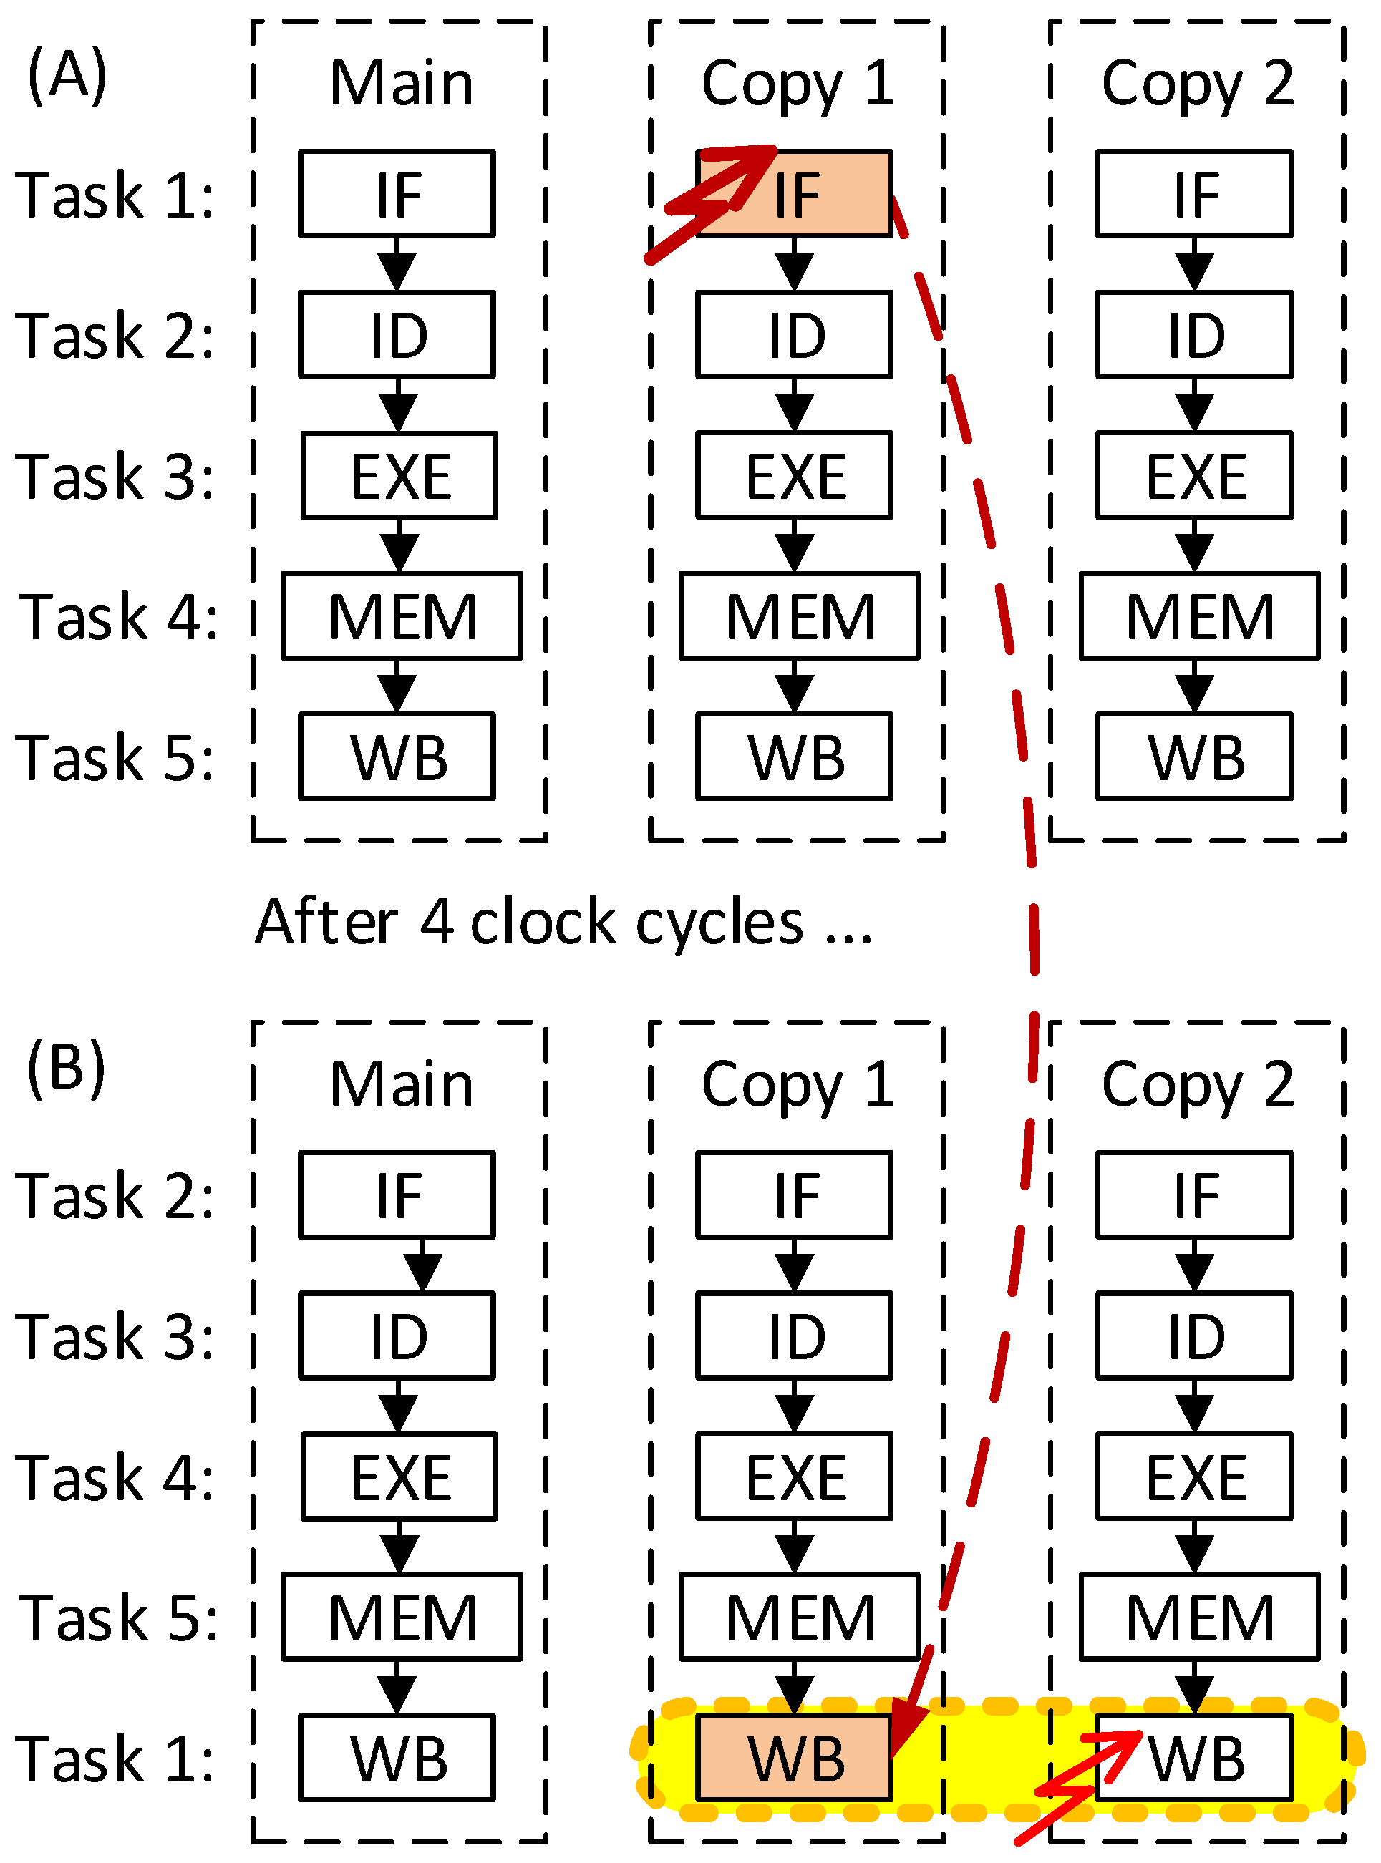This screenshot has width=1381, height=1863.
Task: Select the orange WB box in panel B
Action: tap(794, 1757)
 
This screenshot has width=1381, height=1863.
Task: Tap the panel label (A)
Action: tap(67, 75)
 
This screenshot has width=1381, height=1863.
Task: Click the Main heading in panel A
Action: tap(401, 83)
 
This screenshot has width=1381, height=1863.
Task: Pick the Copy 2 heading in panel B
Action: tap(1197, 1084)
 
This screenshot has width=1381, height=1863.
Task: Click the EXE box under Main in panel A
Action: tap(399, 475)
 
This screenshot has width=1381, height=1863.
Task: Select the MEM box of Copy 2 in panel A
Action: tap(1198, 616)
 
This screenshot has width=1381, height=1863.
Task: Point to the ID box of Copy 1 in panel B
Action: tap(794, 1336)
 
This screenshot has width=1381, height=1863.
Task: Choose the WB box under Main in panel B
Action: tap(397, 1757)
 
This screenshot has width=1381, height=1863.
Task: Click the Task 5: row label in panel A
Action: tap(115, 757)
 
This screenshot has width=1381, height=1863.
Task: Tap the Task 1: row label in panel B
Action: tap(115, 1757)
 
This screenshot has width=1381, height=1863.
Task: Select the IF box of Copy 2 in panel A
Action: tap(1193, 194)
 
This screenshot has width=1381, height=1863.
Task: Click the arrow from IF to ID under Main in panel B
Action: tap(423, 1265)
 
